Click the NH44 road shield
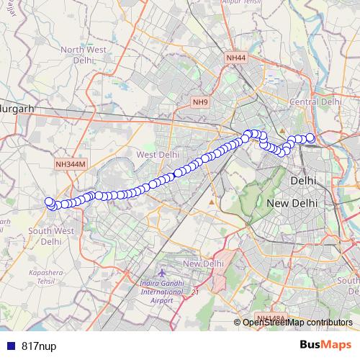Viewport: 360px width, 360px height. point(235,57)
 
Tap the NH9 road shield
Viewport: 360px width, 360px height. point(199,102)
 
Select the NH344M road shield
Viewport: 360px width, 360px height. point(70,164)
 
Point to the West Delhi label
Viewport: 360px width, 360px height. point(157,154)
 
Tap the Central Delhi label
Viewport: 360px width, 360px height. point(315,102)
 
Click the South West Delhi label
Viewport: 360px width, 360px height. point(50,236)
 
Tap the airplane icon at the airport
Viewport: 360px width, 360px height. point(161,274)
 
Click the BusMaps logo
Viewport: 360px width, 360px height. point(326,345)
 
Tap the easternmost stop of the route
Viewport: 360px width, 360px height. point(310,138)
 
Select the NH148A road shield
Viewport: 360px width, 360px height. point(271,318)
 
